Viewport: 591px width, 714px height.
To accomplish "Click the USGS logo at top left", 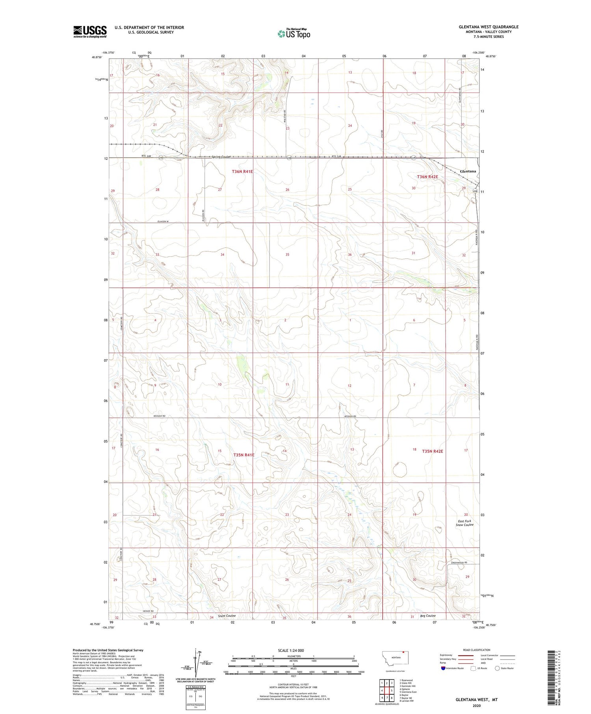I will pos(90,32).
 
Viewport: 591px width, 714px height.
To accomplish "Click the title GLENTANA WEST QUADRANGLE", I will pos(488,27).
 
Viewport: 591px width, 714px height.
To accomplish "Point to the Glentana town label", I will pos(468,171).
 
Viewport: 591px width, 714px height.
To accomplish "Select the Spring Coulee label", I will pos(221,157).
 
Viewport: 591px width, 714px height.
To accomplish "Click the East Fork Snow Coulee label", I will pos(465,523).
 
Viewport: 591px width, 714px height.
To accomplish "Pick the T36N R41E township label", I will pos(242,171).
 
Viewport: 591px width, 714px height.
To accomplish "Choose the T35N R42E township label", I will pos(432,451).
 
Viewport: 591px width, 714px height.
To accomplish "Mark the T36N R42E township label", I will pos(427,177).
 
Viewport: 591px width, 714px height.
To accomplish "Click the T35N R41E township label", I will pos(243,455).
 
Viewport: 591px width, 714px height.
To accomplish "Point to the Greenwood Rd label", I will pos(459,563).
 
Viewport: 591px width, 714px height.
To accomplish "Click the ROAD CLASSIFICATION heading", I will pos(476,650).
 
